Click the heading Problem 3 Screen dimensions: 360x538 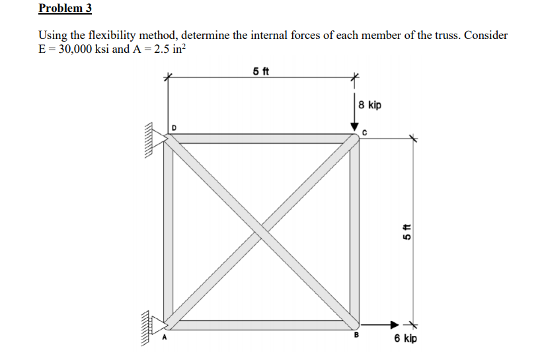point(65,9)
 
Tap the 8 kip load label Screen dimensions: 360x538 point(370,105)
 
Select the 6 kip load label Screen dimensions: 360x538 point(405,339)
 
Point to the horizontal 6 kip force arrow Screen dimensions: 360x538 point(381,324)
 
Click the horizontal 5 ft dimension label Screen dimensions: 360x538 point(260,71)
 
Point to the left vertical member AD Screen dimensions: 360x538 point(169,231)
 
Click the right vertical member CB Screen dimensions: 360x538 point(354,231)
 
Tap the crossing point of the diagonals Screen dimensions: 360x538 point(261,231)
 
